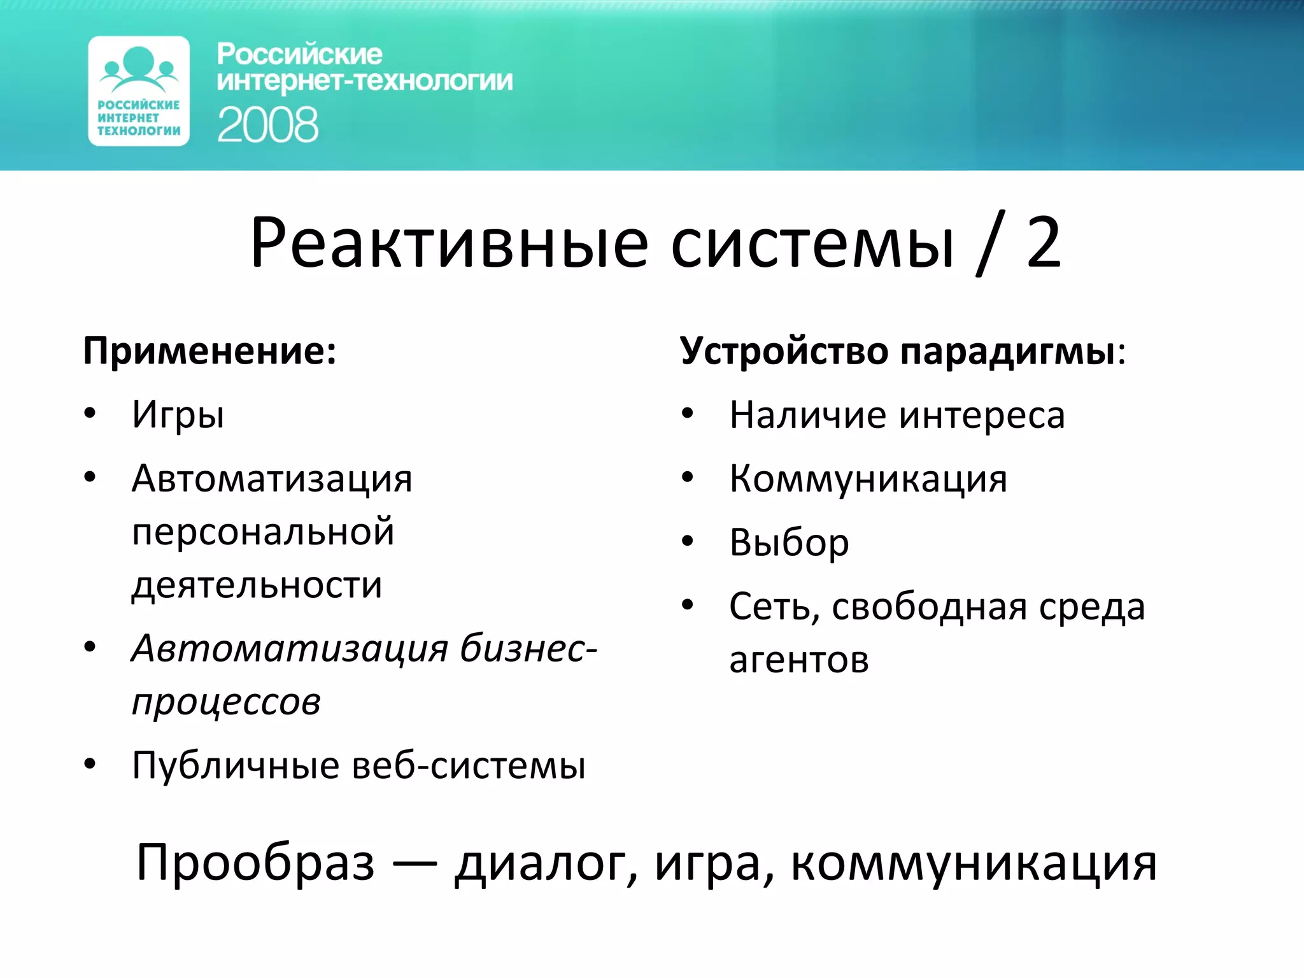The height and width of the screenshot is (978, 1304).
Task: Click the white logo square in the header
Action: (x=139, y=91)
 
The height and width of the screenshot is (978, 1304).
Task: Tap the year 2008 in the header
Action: (x=267, y=125)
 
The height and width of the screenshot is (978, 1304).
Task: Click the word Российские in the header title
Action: (x=299, y=54)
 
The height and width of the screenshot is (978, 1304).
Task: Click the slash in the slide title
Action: (x=990, y=243)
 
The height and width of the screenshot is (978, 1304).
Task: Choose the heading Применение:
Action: (x=209, y=351)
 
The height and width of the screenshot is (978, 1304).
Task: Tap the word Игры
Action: (x=178, y=416)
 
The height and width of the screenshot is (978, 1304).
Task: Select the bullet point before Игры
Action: (x=90, y=413)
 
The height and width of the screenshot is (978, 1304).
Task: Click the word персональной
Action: (x=263, y=532)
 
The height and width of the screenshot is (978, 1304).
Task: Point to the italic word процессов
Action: (x=226, y=703)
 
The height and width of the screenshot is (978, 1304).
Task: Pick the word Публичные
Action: (x=236, y=765)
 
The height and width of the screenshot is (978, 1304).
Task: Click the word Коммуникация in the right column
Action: (x=868, y=479)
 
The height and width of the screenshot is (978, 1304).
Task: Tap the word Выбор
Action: (x=789, y=543)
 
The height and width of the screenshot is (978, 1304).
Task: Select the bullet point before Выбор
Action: (x=687, y=541)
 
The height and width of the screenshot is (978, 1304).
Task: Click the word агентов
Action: (x=799, y=660)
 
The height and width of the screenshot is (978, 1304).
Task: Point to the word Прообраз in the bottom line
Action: (x=255, y=863)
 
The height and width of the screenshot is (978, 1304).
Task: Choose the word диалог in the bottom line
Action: (x=546, y=864)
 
